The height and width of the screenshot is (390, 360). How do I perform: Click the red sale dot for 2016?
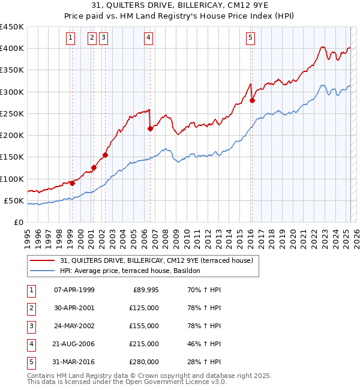tap(252, 101)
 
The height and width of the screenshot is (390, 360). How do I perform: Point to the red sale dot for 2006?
tap(150, 128)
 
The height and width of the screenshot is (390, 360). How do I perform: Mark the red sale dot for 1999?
tap(72, 183)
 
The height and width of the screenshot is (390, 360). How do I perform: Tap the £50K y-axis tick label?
tap(13, 200)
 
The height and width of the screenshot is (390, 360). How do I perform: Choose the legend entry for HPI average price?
tap(148, 271)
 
